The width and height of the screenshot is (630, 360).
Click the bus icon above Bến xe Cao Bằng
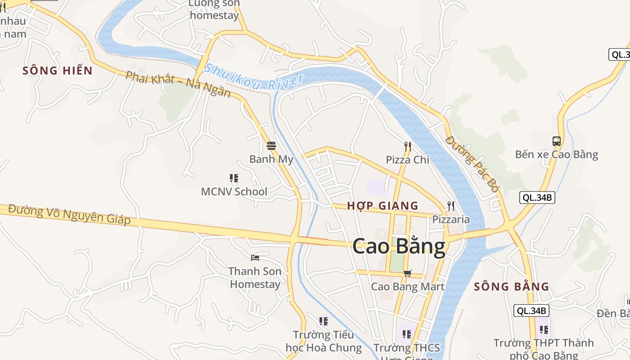[x=557, y=141]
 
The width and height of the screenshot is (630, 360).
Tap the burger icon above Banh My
[x=271, y=146]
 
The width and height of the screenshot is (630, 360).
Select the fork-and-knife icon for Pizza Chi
[x=408, y=146]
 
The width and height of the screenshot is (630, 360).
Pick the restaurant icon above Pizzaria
[x=450, y=206]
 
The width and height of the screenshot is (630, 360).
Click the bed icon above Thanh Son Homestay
[x=255, y=258]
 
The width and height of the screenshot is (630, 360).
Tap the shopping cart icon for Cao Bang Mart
[x=408, y=273]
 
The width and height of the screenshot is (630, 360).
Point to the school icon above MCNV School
[x=234, y=178]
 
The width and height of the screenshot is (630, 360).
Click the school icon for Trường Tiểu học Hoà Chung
[x=323, y=321]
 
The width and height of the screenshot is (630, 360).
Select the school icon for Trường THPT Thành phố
[x=544, y=329]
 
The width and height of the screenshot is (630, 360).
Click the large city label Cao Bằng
[x=399, y=247]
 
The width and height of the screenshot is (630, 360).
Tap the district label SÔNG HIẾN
[x=58, y=71]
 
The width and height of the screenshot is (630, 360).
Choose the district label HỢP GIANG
[x=382, y=206]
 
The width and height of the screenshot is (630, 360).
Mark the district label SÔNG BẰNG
[x=512, y=287]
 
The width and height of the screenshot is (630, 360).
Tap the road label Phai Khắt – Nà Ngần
[x=178, y=84]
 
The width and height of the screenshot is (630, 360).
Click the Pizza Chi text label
[x=408, y=160]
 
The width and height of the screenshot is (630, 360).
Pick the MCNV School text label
[x=234, y=192]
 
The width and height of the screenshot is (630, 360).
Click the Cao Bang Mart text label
[x=408, y=287]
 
